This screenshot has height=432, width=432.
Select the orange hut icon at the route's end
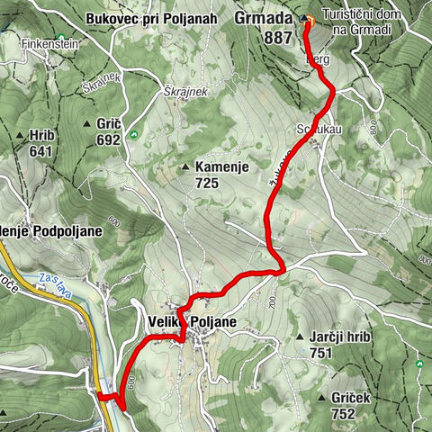click(x=308, y=19)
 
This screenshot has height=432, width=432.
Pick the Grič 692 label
click(x=108, y=131)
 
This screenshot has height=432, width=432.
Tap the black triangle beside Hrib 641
click(x=20, y=136)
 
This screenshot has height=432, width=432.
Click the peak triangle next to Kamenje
click(x=186, y=166)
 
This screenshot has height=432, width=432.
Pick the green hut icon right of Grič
click(x=134, y=135)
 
